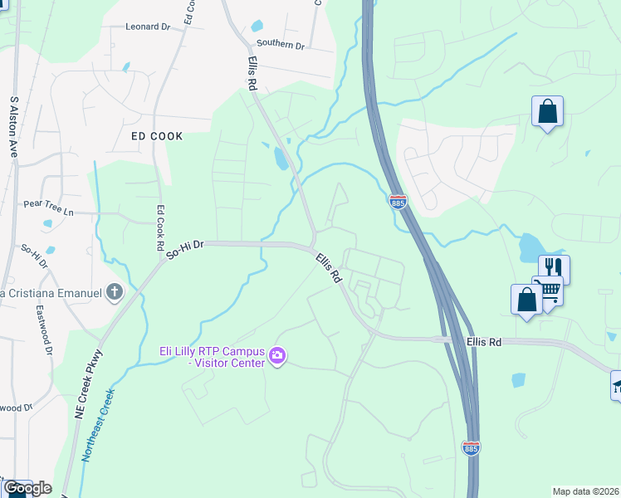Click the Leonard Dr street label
tap(148, 27)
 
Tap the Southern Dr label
tap(281, 44)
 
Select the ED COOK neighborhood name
tap(156, 135)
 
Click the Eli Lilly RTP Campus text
tap(213, 350)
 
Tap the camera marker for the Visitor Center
tap(277, 357)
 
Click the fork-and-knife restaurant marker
tap(554, 267)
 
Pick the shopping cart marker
tap(549, 290)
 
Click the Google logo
tap(27, 488)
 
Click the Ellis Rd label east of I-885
tap(485, 341)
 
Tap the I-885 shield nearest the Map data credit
tap(470, 448)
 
